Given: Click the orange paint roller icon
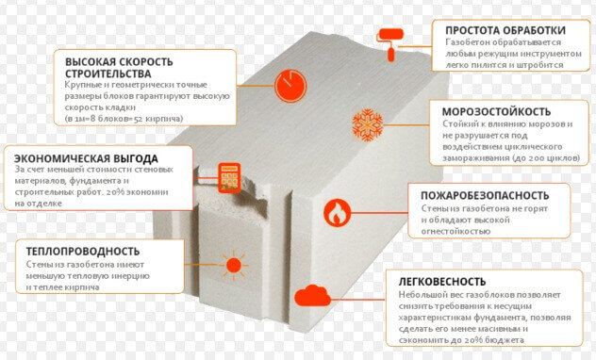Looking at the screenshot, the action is click(390, 43).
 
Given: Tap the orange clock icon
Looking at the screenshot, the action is click(290, 86).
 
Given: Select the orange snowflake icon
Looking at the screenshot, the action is click(367, 125).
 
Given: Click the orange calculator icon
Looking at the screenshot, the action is click(229, 178).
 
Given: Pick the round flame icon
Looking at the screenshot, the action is click(338, 213).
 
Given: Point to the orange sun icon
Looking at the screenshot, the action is click(233, 265).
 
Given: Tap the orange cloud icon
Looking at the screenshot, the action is click(312, 295).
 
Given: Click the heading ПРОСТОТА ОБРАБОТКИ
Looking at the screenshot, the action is click(505, 30).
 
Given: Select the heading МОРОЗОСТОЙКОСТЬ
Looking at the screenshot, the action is click(496, 111).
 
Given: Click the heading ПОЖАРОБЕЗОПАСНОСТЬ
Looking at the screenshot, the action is click(485, 196).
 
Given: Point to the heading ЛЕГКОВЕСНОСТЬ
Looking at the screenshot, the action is click(442, 282).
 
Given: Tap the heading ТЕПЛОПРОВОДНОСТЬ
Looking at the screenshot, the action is click(83, 252).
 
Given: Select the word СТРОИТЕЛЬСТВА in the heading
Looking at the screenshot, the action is click(108, 74).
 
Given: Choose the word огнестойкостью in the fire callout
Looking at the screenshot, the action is click(455, 231).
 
